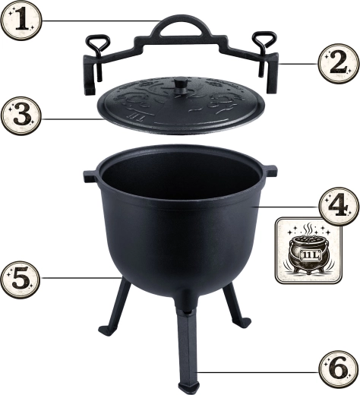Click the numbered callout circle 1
coord(21,21)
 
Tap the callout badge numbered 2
coord(339,63)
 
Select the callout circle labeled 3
coord(21,116)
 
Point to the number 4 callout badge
coord(339,206)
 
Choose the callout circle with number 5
coord(21,280)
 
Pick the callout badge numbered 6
coord(339,370)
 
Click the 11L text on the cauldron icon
coord(309,255)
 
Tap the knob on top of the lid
coord(180,85)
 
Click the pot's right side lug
coord(270,170)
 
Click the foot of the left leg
coord(106,330)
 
